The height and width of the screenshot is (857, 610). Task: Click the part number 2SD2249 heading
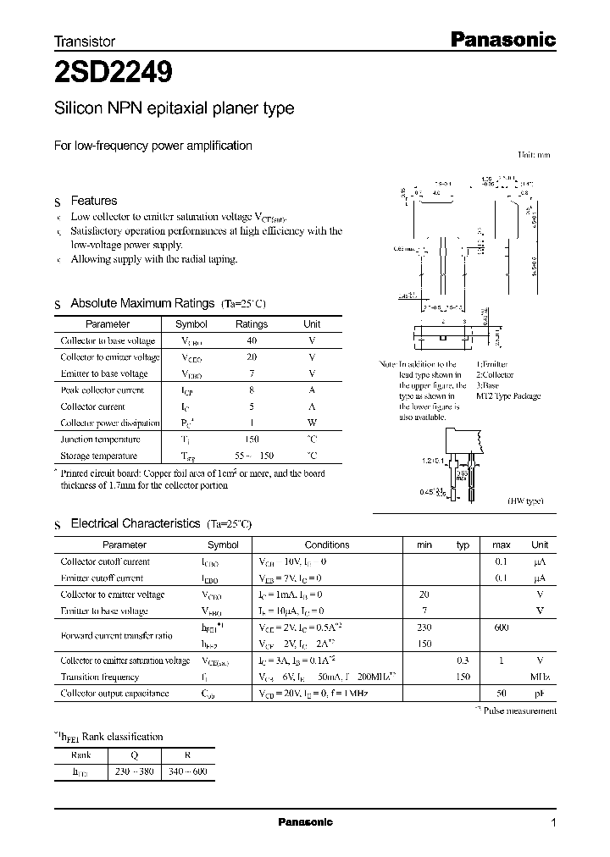pos(114,74)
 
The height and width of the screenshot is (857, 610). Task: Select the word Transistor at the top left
pos(85,41)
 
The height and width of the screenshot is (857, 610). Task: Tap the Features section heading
pos(93,201)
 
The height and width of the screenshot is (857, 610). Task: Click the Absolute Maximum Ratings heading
pos(142,303)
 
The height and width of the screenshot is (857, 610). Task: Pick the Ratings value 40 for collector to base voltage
pos(251,340)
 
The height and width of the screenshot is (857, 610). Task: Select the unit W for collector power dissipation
pos(312,423)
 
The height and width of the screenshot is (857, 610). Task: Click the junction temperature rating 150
pos(251,440)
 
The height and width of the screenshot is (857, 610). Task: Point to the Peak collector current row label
pos(103,390)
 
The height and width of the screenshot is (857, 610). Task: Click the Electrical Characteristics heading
pos(135,524)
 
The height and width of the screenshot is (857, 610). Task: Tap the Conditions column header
pos(326,545)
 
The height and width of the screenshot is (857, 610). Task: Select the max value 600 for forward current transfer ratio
pos(501,628)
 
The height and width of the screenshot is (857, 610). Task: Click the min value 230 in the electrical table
pos(424,628)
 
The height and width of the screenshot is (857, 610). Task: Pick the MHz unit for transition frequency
pos(540,677)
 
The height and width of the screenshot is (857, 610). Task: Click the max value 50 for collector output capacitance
pos(501,694)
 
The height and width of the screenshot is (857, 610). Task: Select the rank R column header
pos(187,755)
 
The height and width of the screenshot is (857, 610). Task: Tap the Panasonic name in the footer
pos(305,822)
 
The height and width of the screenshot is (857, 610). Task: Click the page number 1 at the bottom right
pos(553,823)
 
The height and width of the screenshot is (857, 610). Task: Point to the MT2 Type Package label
pos(507,396)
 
